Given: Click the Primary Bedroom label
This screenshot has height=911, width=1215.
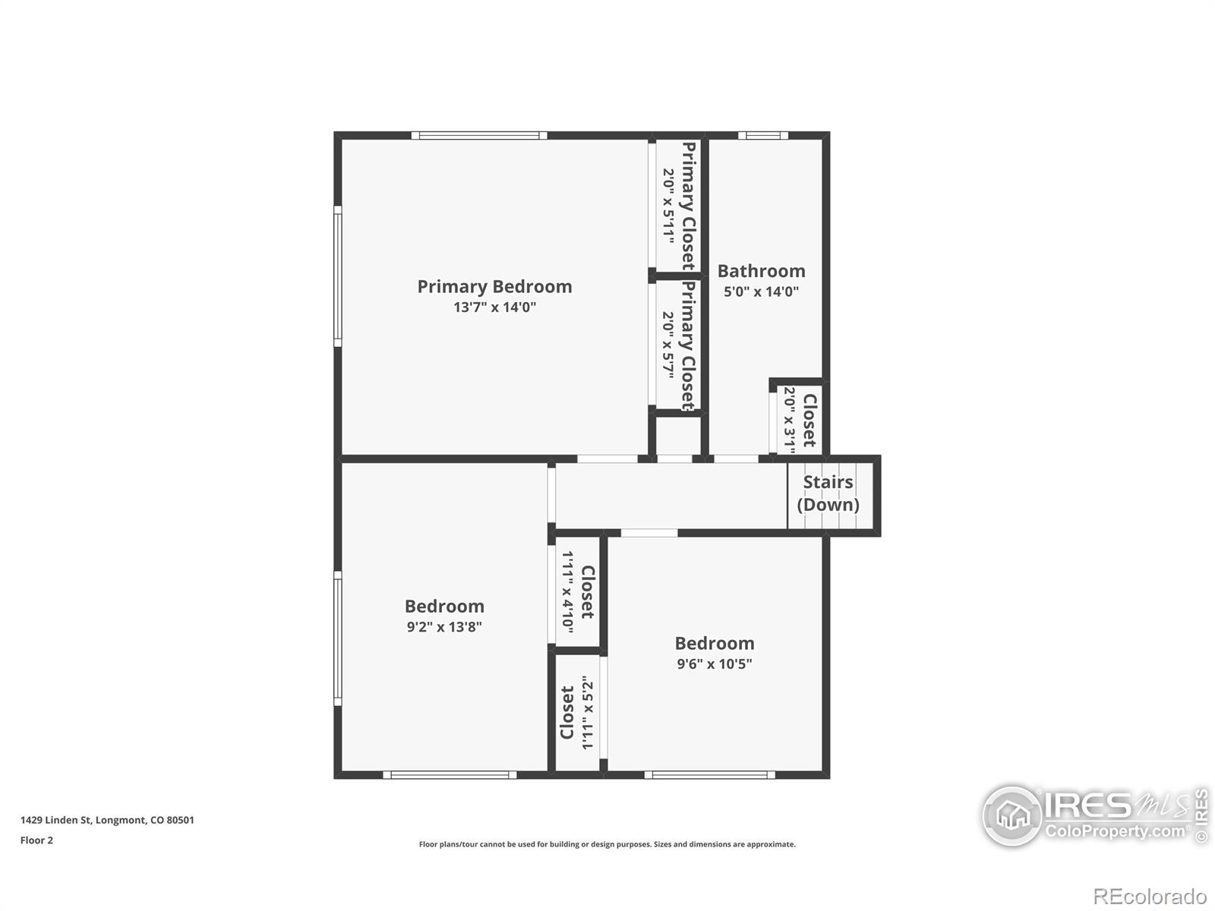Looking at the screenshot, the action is [x=494, y=287].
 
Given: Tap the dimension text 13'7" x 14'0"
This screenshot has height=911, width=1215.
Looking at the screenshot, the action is [x=495, y=307].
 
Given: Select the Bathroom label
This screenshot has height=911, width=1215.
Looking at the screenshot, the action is [x=761, y=271].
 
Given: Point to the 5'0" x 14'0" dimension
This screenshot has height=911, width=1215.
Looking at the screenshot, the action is [x=761, y=292].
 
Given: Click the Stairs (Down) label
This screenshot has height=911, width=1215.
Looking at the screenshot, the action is [x=828, y=493].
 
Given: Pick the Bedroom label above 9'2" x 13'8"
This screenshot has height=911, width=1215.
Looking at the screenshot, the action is [x=444, y=607].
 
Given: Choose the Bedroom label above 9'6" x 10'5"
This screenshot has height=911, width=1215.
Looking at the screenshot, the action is [x=715, y=643].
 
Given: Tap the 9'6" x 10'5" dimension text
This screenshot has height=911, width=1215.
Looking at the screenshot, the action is [x=715, y=664].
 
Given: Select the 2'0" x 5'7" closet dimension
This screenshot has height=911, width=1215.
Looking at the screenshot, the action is [x=669, y=345].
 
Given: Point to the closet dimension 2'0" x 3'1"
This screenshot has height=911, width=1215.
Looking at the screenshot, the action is [x=790, y=420].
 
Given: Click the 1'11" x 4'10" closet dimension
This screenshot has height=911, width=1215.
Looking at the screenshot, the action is [x=568, y=592].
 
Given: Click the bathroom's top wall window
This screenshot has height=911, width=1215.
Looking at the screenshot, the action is [x=762, y=136].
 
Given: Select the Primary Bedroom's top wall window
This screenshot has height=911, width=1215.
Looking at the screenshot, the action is [x=479, y=136].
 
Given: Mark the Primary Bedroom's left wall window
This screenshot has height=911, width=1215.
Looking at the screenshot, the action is [x=338, y=276].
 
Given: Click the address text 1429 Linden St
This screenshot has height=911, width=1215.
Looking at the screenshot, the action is [x=55, y=821].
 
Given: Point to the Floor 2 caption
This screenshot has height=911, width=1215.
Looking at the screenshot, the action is [x=36, y=840].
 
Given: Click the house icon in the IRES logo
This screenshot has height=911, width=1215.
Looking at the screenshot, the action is [x=1012, y=815].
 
